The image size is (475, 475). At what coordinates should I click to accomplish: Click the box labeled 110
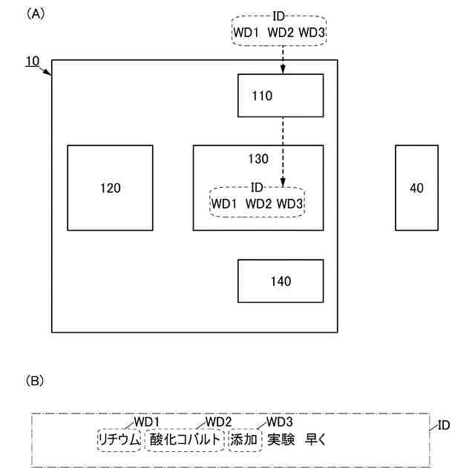tap(280, 96)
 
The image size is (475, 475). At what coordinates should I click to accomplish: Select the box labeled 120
tap(110, 188)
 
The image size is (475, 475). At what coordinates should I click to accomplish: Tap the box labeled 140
tap(280, 281)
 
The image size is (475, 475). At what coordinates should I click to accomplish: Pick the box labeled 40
tap(416, 188)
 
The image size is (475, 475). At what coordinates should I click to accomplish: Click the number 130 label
tap(258, 159)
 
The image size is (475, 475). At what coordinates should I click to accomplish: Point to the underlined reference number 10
tap(33, 62)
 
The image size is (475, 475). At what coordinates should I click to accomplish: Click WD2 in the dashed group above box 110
tap(280, 33)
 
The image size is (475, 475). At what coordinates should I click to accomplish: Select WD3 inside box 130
tap(290, 203)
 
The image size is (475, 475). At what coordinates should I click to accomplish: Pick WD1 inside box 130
tap(225, 203)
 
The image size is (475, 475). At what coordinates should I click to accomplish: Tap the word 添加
tap(244, 439)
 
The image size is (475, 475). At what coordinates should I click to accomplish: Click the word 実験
tap(281, 439)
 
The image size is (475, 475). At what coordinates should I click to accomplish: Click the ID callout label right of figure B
tap(444, 425)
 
